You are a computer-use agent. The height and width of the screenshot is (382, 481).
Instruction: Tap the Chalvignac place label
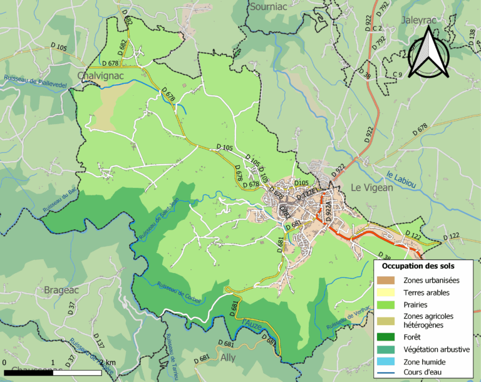click(x=101, y=76)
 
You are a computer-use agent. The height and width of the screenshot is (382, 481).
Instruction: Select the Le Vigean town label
click(x=372, y=187)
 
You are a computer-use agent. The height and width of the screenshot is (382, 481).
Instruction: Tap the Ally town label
click(x=228, y=358)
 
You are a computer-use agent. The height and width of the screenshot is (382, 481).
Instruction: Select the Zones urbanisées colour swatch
click(x=388, y=280)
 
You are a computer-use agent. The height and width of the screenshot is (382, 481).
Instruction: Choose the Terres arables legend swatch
click(x=388, y=292)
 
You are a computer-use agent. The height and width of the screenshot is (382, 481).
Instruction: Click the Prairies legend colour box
click(x=388, y=304)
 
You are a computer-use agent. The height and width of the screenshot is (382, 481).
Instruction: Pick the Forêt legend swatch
click(x=388, y=337)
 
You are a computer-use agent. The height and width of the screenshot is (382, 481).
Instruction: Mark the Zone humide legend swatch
click(x=388, y=362)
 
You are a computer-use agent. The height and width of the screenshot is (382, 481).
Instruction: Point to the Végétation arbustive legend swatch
click(x=388, y=349)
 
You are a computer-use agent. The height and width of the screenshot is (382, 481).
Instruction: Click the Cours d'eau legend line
click(x=388, y=374)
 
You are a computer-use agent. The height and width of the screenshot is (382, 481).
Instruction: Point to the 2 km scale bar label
click(x=107, y=363)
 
